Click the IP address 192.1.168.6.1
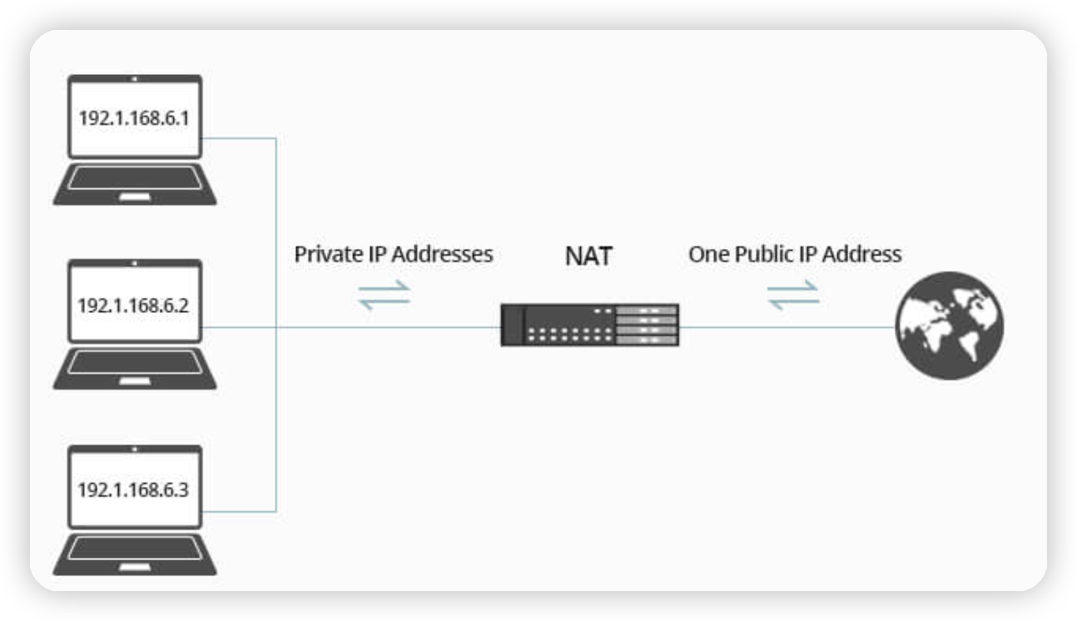click(x=134, y=118)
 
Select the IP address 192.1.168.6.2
click(x=134, y=305)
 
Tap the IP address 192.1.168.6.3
click(x=134, y=489)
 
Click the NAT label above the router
click(x=588, y=256)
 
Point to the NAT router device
click(x=589, y=325)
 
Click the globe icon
click(x=949, y=325)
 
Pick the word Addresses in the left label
click(x=442, y=254)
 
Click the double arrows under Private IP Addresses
click(x=385, y=294)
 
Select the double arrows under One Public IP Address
click(x=793, y=294)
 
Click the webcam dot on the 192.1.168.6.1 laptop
click(x=135, y=78)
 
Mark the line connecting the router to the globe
click(x=787, y=326)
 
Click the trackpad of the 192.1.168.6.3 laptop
click(x=135, y=568)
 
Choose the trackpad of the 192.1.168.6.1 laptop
click(x=135, y=197)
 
